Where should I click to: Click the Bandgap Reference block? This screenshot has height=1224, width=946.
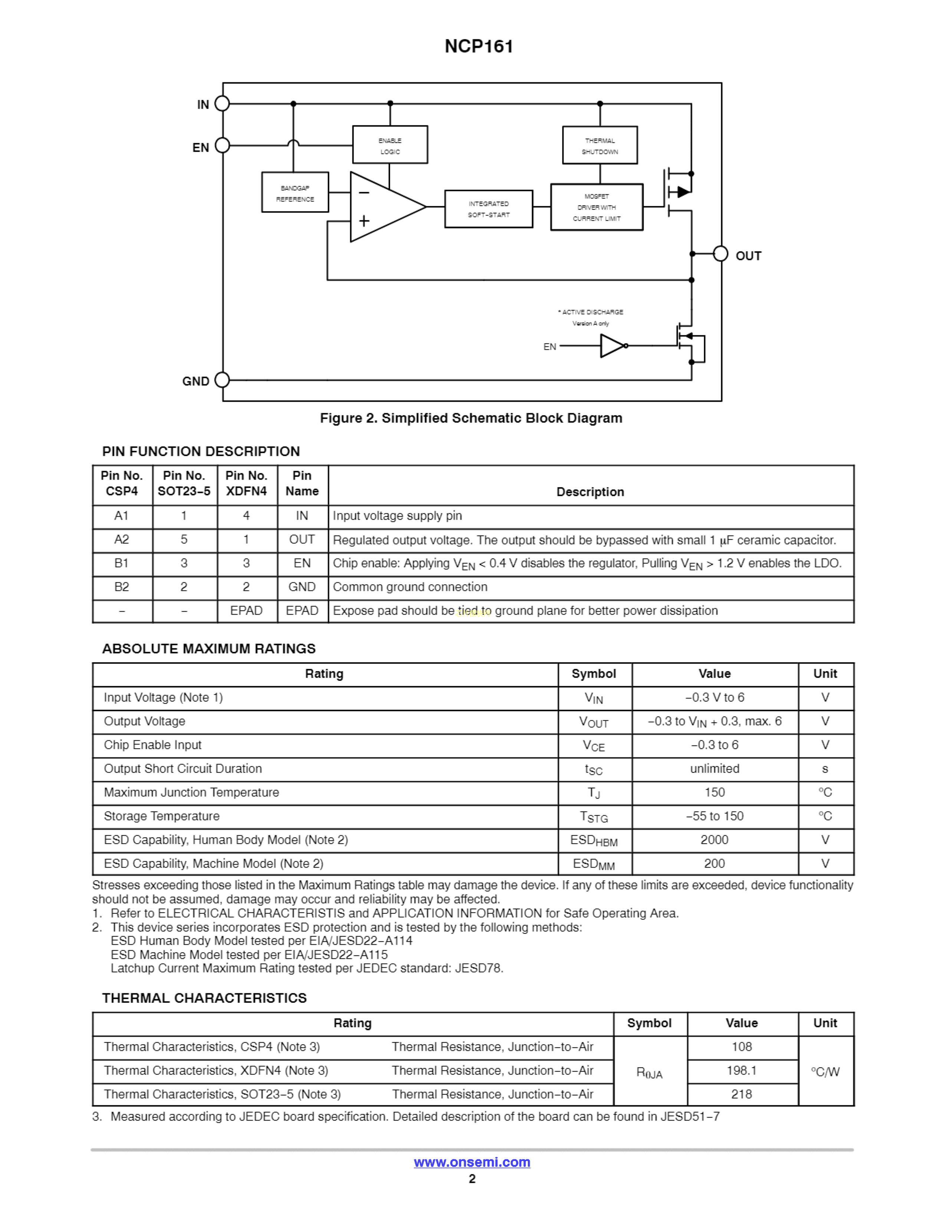pos(295,192)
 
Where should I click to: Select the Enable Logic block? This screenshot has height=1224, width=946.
pos(390,145)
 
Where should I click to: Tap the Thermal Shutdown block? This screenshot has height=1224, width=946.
pos(600,145)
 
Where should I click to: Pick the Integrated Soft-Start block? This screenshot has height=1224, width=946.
pos(488,209)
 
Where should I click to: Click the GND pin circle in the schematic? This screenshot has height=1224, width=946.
pos(223,380)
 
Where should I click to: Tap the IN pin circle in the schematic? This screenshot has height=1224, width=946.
pos(223,104)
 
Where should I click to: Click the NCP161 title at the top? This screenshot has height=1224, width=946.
pos(479,46)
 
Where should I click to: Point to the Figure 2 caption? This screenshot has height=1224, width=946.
pos(471,418)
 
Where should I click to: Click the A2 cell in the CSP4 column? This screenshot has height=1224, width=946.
pos(122,540)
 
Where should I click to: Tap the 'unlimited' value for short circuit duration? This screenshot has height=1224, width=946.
pos(714,769)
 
